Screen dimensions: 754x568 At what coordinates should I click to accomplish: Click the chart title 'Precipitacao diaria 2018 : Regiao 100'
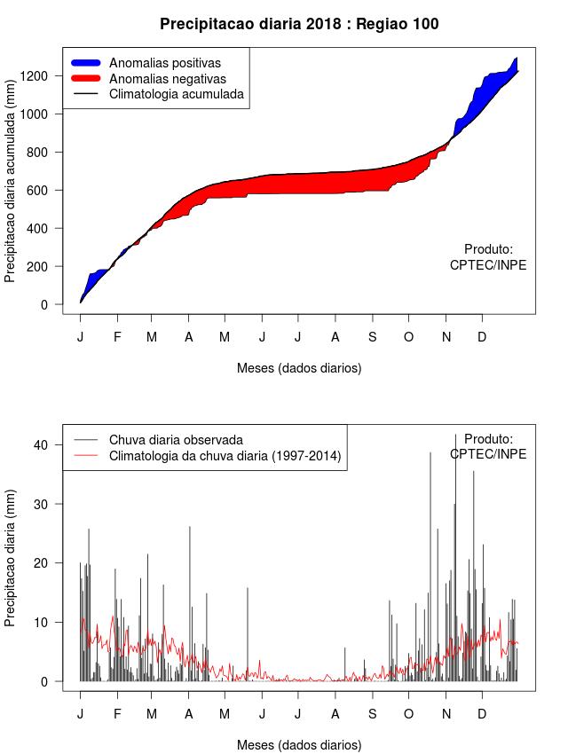[299, 24]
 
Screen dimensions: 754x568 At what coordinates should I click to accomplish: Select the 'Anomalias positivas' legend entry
[164, 63]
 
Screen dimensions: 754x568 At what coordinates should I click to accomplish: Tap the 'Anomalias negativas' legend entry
[167, 78]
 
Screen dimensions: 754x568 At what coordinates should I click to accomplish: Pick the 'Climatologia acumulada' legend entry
[176, 93]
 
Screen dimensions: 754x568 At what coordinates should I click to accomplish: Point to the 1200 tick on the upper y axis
[41, 76]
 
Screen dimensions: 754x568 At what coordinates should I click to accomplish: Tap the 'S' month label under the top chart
[372, 337]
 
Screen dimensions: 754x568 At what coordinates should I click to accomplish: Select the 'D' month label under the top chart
[482, 337]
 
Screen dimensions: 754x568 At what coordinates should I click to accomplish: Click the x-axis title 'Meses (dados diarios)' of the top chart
[299, 367]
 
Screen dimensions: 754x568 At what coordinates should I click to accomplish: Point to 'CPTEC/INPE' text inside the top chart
[488, 265]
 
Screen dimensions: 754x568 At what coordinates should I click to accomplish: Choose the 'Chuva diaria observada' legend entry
[176, 440]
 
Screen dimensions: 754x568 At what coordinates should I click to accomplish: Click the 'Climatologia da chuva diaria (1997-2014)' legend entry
[225, 456]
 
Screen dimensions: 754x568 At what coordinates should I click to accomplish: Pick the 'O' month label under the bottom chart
[408, 714]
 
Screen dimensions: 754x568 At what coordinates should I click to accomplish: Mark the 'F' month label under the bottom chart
[116, 714]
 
